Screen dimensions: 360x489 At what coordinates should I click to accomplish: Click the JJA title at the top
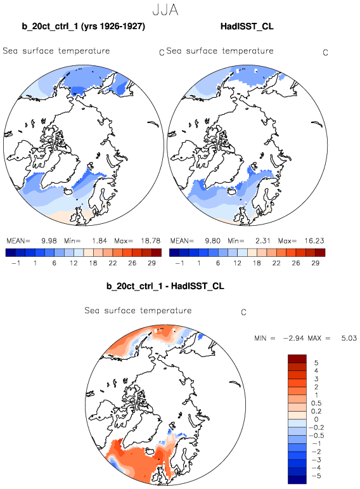165,10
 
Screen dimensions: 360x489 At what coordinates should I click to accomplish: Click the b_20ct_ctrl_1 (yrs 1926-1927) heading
84,26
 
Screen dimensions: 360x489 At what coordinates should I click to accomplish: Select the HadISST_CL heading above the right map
247,26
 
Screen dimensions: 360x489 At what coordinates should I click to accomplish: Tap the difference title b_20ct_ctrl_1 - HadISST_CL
165,286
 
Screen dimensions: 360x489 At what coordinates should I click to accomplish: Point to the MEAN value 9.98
49,241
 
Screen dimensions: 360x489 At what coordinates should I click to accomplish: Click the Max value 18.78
151,241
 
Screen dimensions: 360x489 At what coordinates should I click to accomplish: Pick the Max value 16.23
314,241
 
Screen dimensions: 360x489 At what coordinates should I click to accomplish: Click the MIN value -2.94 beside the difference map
294,338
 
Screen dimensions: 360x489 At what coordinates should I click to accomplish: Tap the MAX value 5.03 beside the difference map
349,338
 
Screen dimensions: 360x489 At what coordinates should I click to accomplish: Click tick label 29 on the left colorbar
151,263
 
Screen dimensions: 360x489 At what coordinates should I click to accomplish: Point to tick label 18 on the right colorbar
257,263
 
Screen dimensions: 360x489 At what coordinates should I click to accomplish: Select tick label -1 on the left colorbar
16,263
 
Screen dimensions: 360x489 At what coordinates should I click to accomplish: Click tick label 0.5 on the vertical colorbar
316,403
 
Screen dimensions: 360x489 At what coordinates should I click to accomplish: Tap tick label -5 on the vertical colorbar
316,476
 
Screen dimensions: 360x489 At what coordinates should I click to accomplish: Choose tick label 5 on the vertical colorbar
316,363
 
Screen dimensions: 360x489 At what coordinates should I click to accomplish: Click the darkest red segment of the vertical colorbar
297,358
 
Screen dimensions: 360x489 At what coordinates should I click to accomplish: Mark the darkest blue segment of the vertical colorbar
297,479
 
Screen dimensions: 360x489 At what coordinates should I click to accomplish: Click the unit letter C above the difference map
244,312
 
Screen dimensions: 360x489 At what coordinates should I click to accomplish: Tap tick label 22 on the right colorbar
276,263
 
